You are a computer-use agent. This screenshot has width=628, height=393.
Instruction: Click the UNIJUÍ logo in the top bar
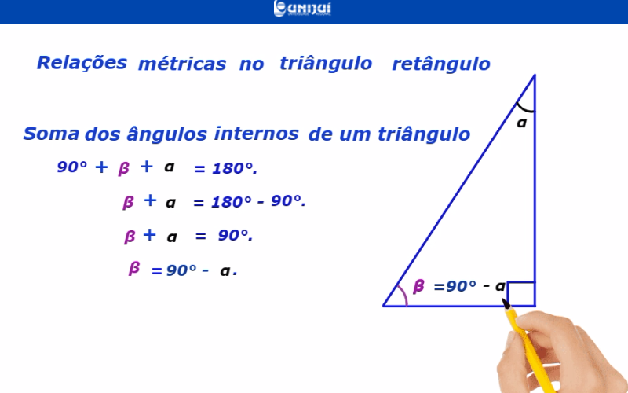pyautogui.click(x=302, y=9)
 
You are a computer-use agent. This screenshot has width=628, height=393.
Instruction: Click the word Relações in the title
pyautogui.click(x=82, y=63)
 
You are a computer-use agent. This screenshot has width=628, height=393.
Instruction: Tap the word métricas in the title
pyautogui.click(x=182, y=64)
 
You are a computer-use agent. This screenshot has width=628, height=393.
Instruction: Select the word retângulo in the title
pyautogui.click(x=441, y=64)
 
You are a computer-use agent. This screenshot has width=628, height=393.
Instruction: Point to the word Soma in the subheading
pyautogui.click(x=51, y=134)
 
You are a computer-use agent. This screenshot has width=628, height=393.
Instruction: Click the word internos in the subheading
pyautogui.click(x=257, y=134)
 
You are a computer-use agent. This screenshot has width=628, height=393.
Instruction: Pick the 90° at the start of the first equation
pyautogui.click(x=72, y=167)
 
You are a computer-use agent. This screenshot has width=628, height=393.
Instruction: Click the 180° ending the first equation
pyautogui.click(x=234, y=168)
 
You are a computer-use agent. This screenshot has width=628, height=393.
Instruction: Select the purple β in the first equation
pyautogui.click(x=124, y=169)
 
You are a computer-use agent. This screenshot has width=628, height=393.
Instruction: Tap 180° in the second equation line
pyautogui.click(x=232, y=202)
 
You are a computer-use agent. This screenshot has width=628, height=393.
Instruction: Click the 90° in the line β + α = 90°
pyautogui.click(x=235, y=235)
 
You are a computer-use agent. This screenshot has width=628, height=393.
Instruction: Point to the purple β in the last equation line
pyautogui.click(x=134, y=268)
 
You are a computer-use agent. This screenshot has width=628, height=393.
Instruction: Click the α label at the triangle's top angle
pyautogui.click(x=521, y=123)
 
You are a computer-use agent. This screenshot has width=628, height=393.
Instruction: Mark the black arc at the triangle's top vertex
pyautogui.click(x=524, y=109)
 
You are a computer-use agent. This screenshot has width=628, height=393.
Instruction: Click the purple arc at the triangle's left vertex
pyautogui.click(x=403, y=294)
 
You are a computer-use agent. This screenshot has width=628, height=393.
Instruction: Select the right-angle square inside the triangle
pyautogui.click(x=521, y=294)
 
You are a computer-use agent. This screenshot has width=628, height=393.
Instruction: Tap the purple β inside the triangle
pyautogui.click(x=418, y=286)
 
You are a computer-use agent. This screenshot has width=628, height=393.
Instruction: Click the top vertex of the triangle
pyautogui.click(x=535, y=75)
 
